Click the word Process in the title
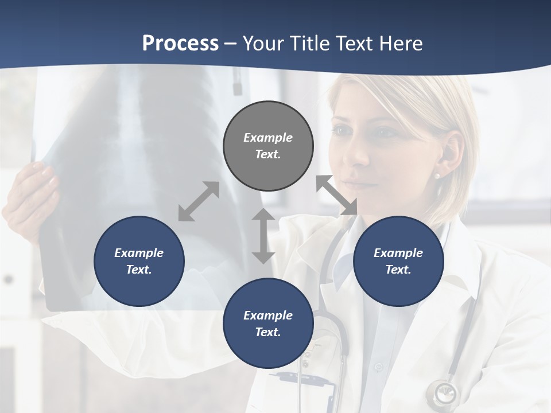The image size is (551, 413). pos(180,44)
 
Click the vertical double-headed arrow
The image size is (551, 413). pos(263,236)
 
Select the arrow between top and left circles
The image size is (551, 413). pos(199,201)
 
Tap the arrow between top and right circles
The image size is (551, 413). pos(337,195)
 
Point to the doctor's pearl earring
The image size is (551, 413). pos(437,176)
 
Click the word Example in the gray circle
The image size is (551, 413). pos(268,138)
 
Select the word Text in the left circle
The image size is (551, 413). pos(139,270)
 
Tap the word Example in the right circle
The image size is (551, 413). pos(398,253)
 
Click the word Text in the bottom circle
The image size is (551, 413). pos(268,332)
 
